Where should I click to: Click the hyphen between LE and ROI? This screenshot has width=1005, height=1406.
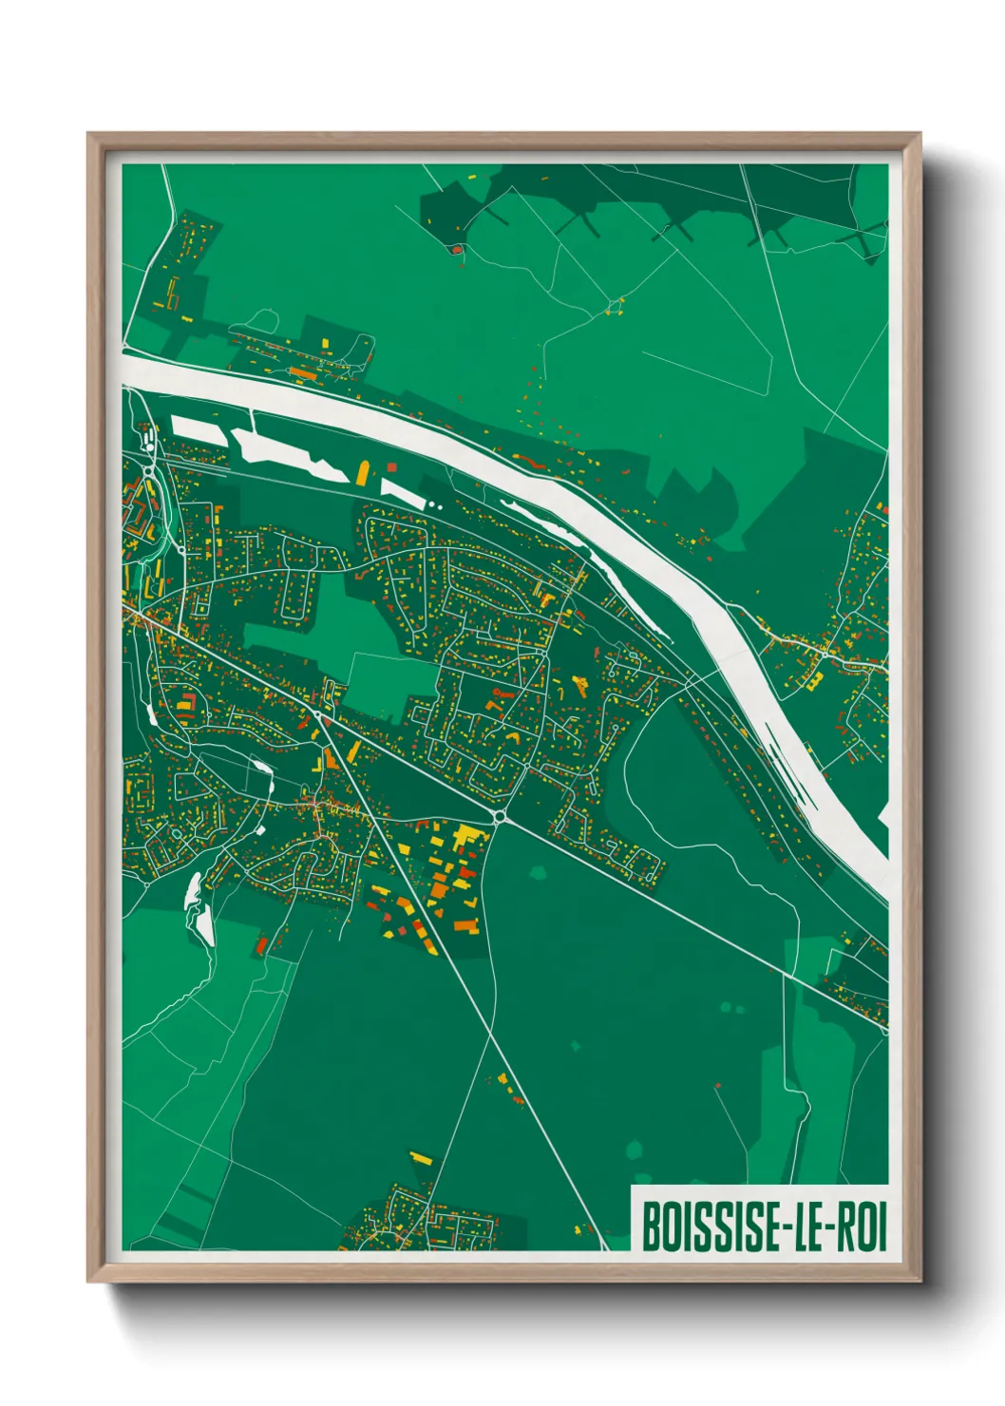(829, 1229)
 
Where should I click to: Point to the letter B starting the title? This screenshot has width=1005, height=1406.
(653, 1227)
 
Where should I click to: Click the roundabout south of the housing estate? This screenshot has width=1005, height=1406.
(500, 816)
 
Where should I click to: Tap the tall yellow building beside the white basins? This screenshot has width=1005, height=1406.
(362, 473)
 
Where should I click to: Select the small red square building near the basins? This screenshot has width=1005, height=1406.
(390, 466)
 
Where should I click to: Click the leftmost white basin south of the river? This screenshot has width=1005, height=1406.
(198, 429)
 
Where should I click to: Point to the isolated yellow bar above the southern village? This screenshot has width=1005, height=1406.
(420, 1158)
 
